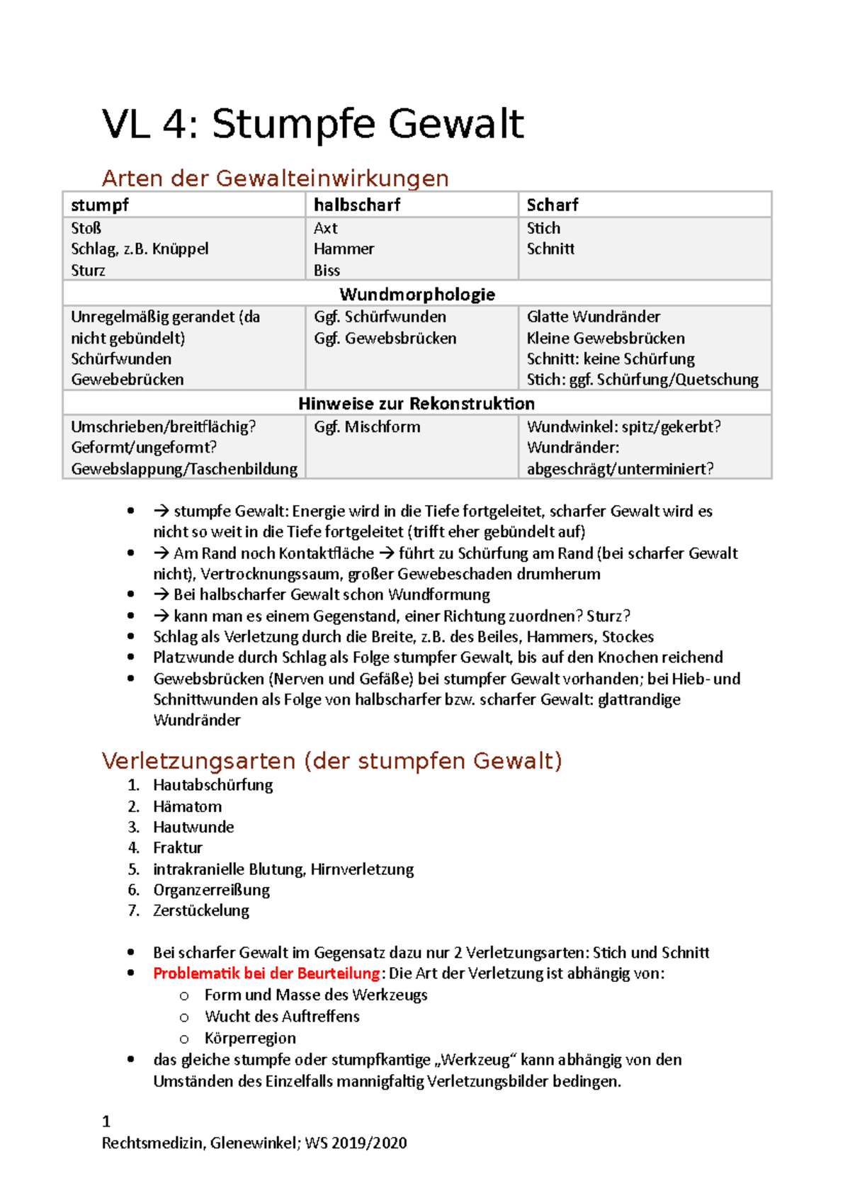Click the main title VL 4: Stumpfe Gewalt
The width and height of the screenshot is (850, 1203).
[x=312, y=124]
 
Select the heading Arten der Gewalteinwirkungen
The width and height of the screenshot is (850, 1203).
[x=275, y=178]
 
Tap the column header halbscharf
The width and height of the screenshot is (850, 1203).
[x=357, y=205]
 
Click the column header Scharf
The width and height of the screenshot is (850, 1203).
[x=552, y=205]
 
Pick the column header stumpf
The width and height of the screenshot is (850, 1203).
[x=100, y=205]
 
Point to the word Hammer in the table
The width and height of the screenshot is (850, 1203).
[x=344, y=249]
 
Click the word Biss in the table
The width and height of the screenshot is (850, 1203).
[x=327, y=270]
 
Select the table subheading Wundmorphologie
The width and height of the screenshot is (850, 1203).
[x=417, y=294]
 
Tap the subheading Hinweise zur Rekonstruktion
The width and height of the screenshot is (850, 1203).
[x=416, y=403]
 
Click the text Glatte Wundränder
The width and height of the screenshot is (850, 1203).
[x=593, y=317]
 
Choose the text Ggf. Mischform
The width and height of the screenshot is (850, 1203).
[x=367, y=427]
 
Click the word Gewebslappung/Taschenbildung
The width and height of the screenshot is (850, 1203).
[x=184, y=468]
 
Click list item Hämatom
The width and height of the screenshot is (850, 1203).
[x=187, y=806]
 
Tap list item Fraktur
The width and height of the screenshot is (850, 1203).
[x=177, y=847]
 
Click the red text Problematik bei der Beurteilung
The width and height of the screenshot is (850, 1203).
[x=266, y=973]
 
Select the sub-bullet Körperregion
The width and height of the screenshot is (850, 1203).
[x=250, y=1038]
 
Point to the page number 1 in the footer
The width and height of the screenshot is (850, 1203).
[x=106, y=1121]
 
